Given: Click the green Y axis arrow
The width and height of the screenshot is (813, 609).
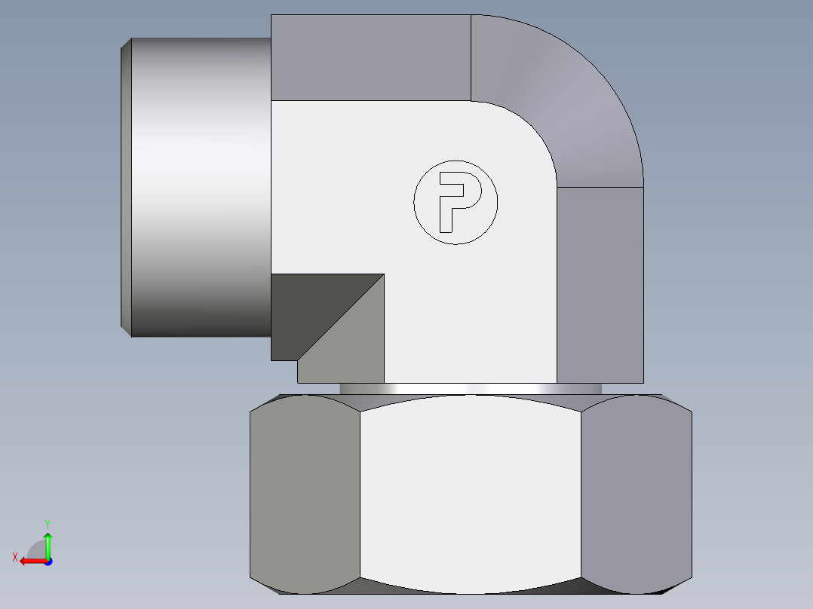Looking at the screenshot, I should click(48, 543).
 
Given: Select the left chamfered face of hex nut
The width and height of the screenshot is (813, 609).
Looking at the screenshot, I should click(305, 494).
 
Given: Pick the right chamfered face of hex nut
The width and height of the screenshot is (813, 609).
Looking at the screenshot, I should click(637, 494).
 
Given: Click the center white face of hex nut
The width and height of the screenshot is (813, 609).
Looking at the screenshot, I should click(470, 494).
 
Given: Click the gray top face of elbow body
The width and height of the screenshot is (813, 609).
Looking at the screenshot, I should click(370, 57).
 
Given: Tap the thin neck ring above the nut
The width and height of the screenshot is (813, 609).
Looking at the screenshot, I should click(470, 388).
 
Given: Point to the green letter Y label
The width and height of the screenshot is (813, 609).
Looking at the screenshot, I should click(47, 523).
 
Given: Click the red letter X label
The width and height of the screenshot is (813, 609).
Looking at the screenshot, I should click(15, 557).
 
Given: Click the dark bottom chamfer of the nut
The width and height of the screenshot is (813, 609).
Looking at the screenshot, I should click(470, 589).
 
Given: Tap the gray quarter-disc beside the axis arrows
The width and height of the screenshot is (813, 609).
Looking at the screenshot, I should click(37, 550).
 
